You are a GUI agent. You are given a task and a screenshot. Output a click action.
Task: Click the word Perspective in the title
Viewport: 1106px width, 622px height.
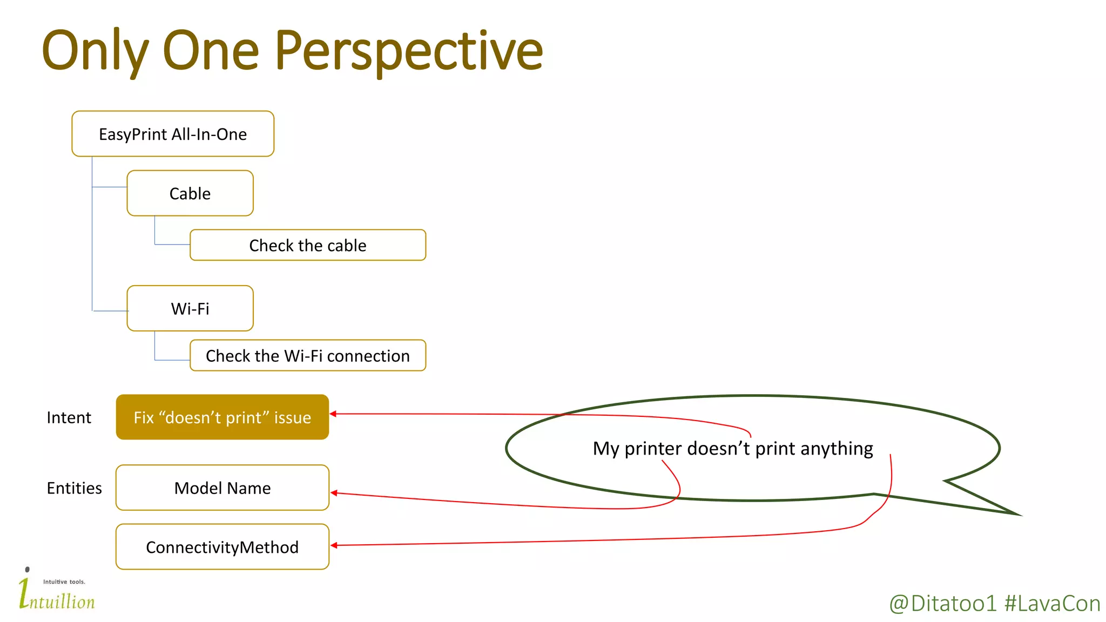[x=409, y=51]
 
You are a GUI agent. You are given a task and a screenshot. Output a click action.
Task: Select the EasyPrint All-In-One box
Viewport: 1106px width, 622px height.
[x=173, y=134]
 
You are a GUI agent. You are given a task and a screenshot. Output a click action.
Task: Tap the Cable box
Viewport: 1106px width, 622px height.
[x=190, y=193]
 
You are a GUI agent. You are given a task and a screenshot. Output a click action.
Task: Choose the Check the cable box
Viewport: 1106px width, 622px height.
[x=308, y=245]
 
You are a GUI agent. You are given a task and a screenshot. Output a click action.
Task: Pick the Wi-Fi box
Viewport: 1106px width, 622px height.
[x=190, y=308]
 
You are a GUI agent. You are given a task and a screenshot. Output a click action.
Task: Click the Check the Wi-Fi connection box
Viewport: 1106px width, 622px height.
[x=308, y=355]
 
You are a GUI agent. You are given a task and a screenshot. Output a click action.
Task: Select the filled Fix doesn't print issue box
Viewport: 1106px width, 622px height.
[x=222, y=417]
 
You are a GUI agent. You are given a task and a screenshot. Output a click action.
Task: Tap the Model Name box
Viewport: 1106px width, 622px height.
[x=222, y=488]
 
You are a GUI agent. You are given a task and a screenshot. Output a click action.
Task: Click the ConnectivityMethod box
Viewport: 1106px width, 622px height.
[x=222, y=547]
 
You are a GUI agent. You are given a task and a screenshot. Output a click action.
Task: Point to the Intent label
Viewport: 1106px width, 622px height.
[x=69, y=417]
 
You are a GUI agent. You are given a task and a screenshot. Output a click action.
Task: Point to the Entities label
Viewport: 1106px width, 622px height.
[x=74, y=488]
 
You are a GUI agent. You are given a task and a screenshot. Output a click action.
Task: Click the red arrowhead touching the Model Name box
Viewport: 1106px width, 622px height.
[x=334, y=493]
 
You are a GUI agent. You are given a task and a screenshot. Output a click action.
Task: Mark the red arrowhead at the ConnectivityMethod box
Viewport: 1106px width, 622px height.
[x=334, y=545]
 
